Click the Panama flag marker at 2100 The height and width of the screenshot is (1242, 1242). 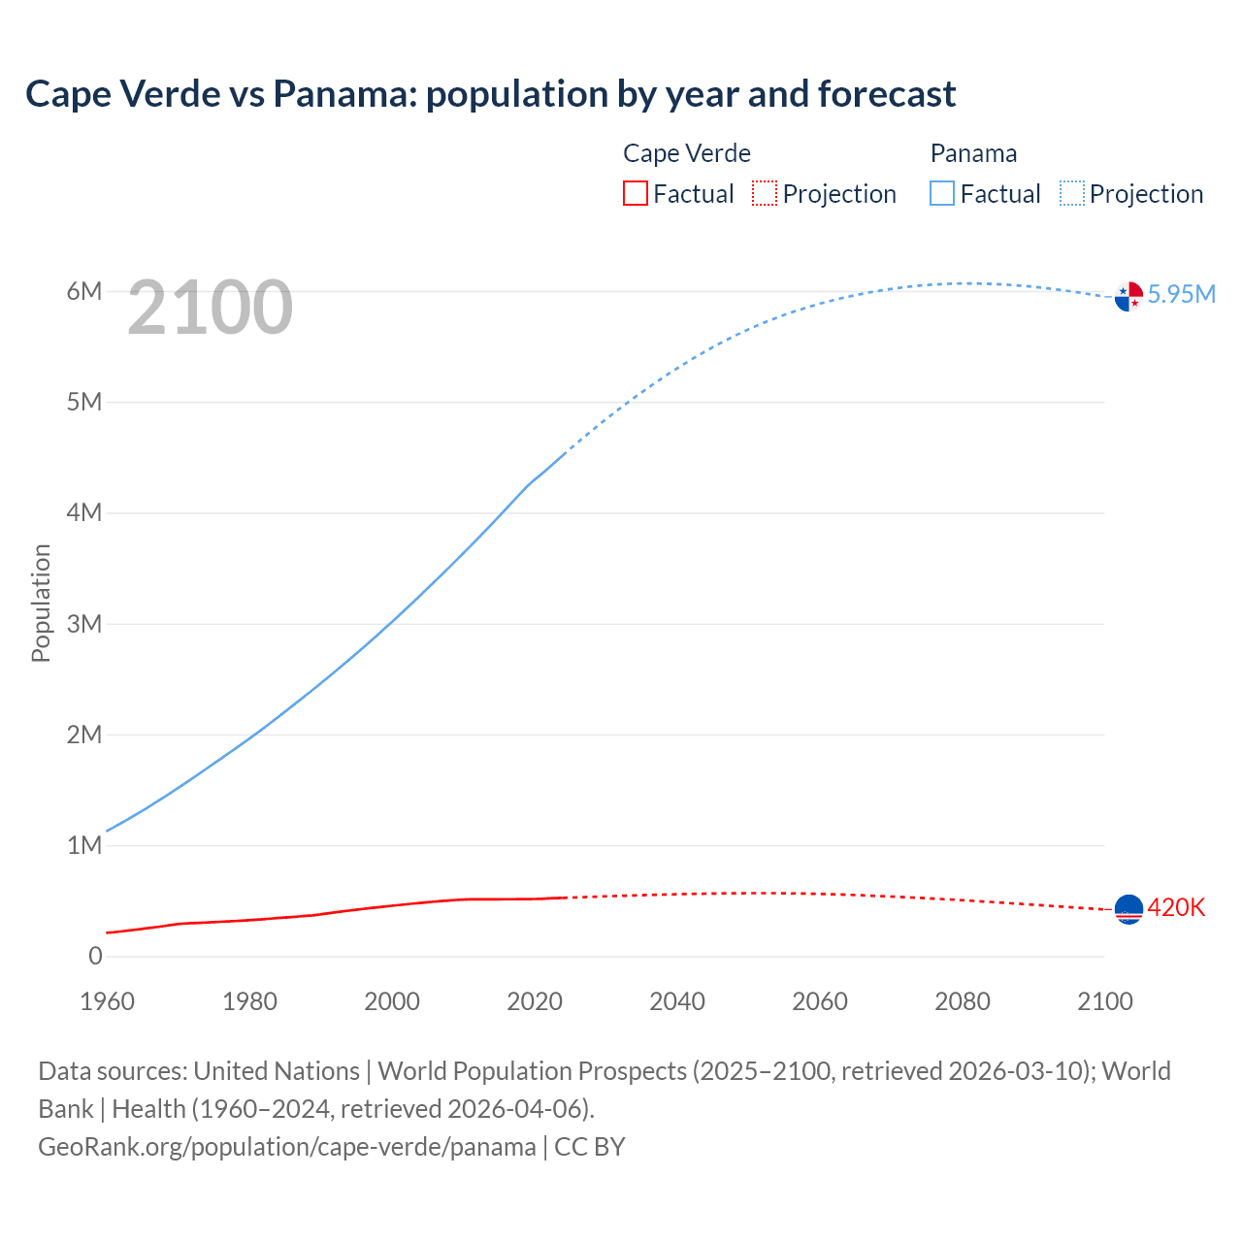1128,297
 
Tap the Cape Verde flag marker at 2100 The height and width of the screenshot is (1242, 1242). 1128,909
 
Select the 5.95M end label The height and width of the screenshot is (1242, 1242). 1181,294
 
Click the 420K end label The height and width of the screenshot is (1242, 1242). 1176,907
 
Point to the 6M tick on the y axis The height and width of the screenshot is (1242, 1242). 84,291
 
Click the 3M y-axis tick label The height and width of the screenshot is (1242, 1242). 84,624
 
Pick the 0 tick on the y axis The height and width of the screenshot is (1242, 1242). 95,956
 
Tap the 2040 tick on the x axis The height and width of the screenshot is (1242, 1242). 677,1001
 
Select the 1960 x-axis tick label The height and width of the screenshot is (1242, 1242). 107,1001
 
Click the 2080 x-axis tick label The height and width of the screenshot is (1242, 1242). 963,1001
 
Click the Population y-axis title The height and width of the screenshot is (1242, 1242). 41,603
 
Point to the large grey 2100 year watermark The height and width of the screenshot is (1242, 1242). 210,308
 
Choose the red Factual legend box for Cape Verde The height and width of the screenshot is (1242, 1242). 635,194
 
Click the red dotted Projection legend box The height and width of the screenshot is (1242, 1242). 765,194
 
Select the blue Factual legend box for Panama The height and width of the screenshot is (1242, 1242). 942,194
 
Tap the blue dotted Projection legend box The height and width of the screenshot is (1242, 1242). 1072,194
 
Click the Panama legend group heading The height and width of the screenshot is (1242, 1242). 973,153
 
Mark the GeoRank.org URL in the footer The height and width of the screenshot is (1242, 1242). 286,1146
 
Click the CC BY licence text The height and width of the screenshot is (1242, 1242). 590,1146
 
